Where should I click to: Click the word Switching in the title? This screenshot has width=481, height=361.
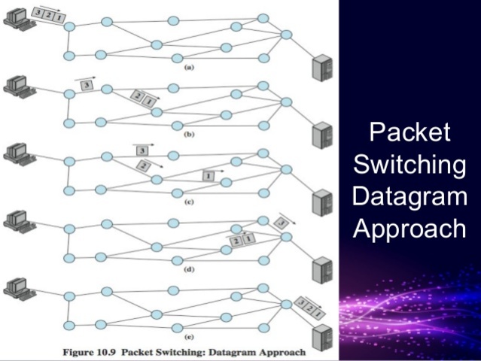pos(410,164)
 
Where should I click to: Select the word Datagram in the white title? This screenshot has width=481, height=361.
pos(410,196)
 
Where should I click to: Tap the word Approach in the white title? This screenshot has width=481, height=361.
pos(410,228)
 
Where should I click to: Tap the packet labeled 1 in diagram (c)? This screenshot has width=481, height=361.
pos(209,175)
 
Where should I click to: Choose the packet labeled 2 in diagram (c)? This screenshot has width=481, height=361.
pos(143,165)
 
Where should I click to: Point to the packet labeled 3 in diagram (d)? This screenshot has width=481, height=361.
pos(282,223)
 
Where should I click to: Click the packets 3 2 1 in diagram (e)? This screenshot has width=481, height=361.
pos(312,306)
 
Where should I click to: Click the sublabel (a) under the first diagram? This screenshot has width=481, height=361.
pos(190,67)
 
